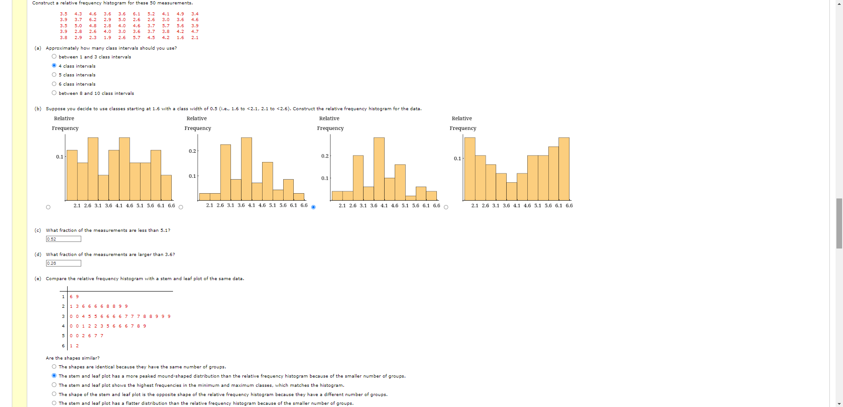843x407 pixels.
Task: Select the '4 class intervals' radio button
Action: pos(54,66)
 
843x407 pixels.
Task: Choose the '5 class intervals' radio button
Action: pos(54,75)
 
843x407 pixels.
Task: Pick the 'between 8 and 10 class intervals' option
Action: pos(54,93)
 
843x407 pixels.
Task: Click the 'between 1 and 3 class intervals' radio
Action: pos(54,57)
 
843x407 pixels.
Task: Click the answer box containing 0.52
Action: pos(64,239)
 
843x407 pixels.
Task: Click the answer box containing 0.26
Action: pos(64,263)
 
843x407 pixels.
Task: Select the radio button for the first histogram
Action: pos(48,207)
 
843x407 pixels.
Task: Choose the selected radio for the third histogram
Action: pos(313,207)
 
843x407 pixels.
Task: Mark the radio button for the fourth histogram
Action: pos(446,207)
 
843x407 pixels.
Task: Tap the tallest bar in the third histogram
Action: pos(379,169)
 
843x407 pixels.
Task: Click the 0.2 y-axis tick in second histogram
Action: pos(192,151)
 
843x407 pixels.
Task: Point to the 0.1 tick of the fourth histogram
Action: pos(458,158)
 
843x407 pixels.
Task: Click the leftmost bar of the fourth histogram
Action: pos(470,169)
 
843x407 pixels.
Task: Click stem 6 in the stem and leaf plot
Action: pos(63,346)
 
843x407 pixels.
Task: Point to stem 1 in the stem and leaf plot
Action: pos(63,297)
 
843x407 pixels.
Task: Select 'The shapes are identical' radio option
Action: pos(54,367)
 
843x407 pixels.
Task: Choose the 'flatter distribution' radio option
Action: pos(54,403)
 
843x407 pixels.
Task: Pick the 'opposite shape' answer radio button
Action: pos(54,394)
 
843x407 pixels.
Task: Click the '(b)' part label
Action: pos(38,109)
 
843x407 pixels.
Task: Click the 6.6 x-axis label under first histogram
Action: pos(171,205)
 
